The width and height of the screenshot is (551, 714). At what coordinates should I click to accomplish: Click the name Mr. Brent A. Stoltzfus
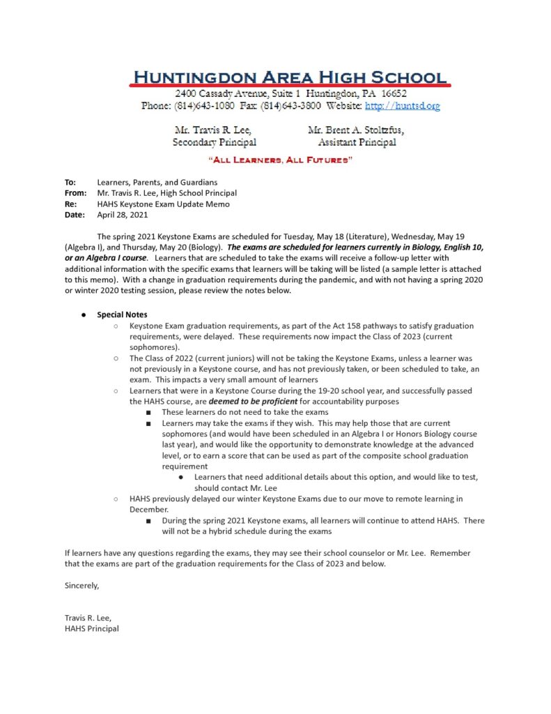pos(355,130)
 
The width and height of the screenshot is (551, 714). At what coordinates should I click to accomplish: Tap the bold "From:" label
pos(75,193)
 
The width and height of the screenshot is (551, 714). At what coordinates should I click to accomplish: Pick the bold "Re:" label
pos(70,204)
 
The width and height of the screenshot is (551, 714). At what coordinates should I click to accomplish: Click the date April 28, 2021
pos(123,215)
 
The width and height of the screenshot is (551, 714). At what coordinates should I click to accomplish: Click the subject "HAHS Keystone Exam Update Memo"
pos(163,204)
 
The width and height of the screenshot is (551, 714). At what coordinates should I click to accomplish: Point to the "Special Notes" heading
pos(122,314)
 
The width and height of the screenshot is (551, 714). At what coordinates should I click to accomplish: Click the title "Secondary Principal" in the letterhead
pos(215,142)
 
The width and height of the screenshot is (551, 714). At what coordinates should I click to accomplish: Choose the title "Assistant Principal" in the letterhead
pos(357,142)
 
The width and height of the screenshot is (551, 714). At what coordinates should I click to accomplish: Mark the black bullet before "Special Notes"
pos(83,315)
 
